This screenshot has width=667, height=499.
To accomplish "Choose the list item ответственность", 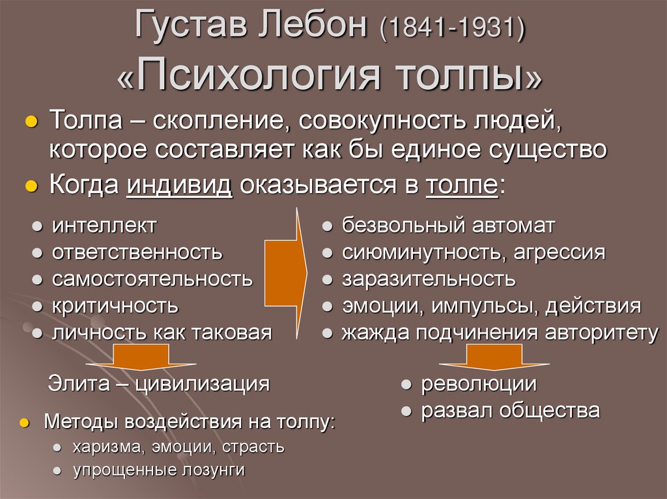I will point(137,252).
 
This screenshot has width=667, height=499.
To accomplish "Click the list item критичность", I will point(115,306).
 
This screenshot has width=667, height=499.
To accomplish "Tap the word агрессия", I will point(560,252).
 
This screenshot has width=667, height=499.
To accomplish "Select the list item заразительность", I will point(429,279).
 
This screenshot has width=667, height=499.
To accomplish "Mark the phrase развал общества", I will point(510,411).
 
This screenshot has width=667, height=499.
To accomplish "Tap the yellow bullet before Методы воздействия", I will point(24,423).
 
